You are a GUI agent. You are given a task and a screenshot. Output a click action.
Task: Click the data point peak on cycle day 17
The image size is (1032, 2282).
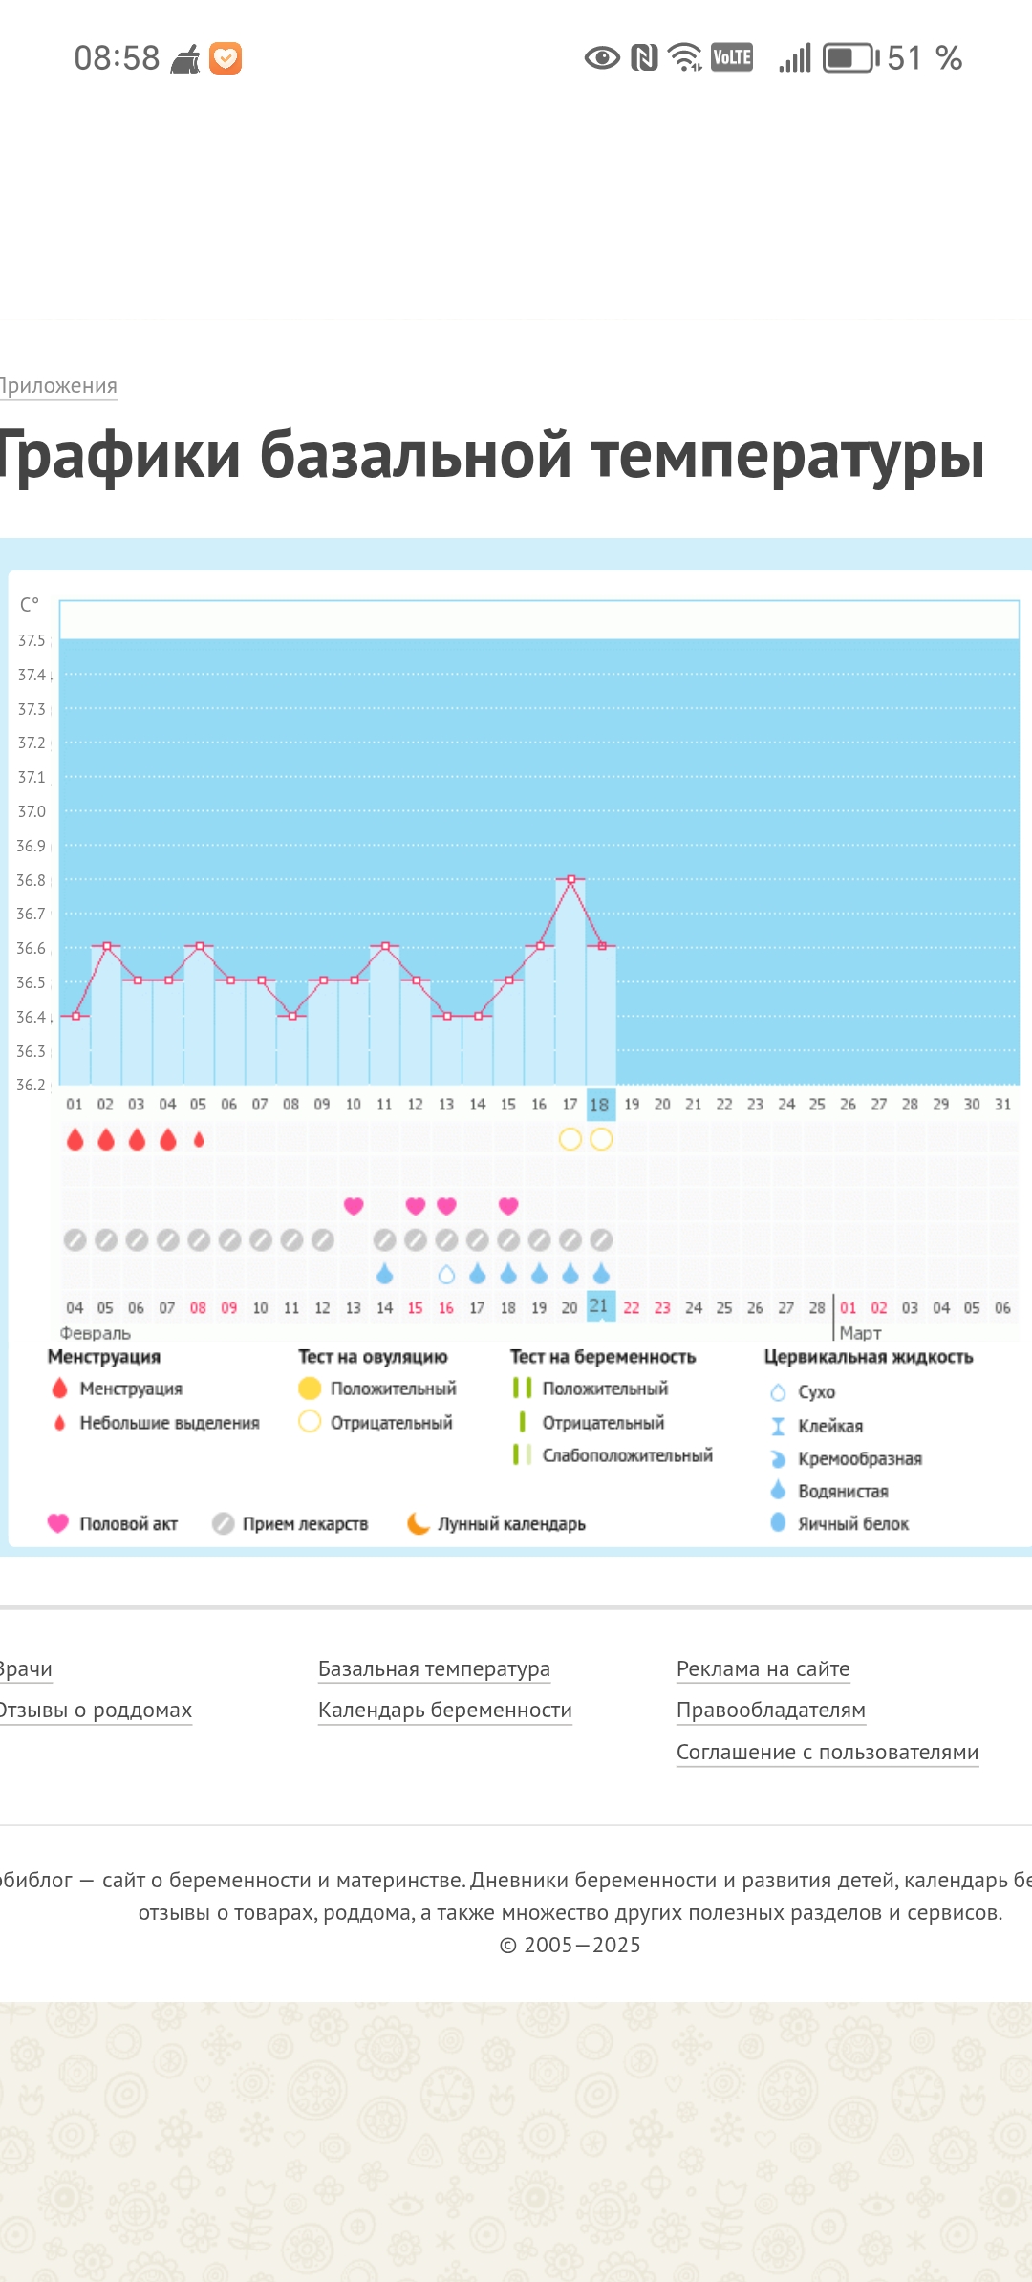pos(570,878)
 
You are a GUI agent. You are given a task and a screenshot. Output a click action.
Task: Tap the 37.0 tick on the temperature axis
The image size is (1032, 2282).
pos(32,811)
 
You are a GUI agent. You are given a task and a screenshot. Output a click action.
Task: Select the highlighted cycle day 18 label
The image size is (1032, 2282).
pos(600,1105)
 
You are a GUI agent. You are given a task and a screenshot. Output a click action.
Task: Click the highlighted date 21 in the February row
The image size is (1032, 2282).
pos(599,1305)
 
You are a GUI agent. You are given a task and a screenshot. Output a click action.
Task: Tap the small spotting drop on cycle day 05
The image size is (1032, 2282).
pos(199,1139)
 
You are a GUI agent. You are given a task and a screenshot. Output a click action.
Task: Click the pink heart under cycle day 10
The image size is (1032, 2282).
pos(354,1206)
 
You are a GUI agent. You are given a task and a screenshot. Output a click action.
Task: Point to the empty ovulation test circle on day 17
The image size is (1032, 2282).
pos(570,1139)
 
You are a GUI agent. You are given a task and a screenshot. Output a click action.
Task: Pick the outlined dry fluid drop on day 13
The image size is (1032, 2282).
pos(446,1274)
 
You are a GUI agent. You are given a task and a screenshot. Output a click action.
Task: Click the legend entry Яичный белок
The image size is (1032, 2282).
pos(852,1523)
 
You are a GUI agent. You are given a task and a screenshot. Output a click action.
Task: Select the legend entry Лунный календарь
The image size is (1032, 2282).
pos(510,1523)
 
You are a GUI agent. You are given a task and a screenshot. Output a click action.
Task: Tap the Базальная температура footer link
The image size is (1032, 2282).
pos(434,1668)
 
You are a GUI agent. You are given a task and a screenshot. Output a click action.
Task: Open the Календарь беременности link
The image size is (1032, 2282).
pos(444,1710)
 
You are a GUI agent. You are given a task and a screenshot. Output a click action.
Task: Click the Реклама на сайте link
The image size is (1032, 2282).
pos(763,1668)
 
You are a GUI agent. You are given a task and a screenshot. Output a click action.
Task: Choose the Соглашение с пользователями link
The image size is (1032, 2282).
pos(827,1752)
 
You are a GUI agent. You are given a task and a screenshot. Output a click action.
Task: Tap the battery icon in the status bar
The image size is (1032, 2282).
pos(849,58)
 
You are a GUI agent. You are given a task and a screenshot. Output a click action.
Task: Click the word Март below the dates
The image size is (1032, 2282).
pos(860,1333)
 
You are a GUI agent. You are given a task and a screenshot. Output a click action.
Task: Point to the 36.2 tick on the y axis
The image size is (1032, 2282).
pos(31,1085)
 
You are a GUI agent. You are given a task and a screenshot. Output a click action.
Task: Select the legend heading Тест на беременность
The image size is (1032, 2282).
pos(602,1357)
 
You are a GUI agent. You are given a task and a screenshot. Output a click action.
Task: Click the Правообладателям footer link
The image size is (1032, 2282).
pos(770,1710)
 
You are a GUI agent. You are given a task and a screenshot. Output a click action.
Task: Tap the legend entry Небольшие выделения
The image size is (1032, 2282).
pos(169,1423)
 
